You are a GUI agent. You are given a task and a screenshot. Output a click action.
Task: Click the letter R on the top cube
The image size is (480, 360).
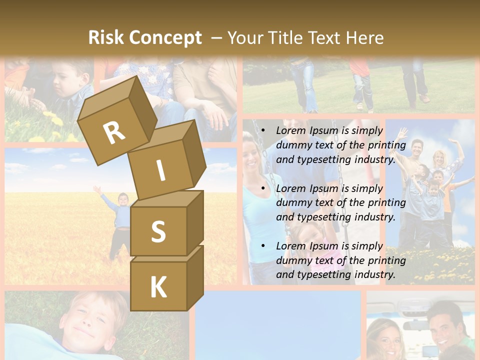114,132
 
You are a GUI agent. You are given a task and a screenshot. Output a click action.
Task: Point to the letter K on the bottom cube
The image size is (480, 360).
158,287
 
